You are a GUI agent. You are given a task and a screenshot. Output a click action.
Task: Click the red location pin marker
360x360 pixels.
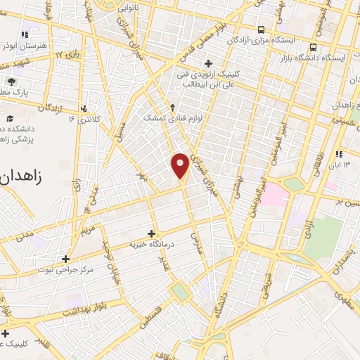point(180,165)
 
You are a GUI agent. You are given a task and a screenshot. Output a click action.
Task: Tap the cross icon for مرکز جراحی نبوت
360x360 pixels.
point(65,259)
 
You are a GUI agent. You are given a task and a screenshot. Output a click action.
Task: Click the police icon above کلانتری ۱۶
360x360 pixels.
point(85,108)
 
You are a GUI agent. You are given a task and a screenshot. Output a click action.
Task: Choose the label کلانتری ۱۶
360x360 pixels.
point(85,119)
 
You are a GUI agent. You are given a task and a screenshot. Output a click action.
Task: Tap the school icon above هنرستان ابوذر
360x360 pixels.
point(25,34)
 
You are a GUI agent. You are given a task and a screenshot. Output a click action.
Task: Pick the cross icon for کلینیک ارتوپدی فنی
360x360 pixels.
point(208,64)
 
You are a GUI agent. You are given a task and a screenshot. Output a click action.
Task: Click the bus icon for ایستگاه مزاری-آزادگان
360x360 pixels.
point(262,30)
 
